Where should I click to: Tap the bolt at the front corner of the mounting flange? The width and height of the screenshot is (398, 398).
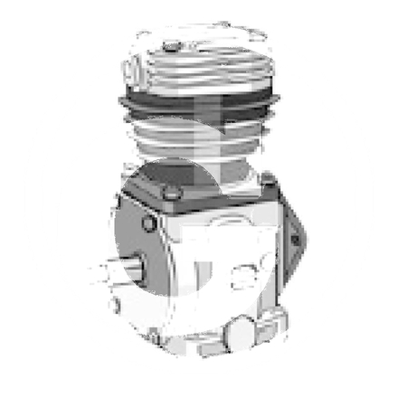pos(169,191)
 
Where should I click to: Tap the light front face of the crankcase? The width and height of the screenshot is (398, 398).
pos(222,271)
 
